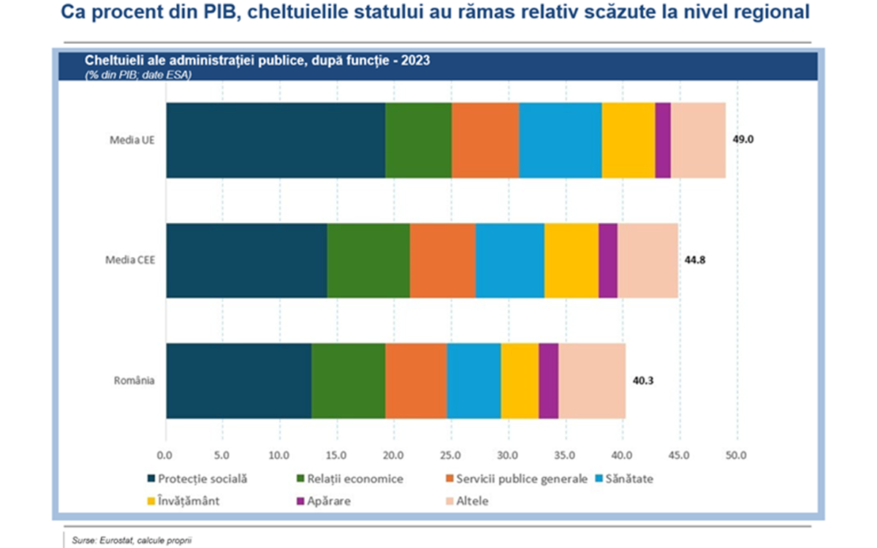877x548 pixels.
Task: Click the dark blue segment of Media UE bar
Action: click(276, 140)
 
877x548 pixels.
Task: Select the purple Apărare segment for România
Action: click(548, 381)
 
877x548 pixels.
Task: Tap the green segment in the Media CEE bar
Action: click(368, 261)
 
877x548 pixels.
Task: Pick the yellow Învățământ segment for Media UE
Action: click(629, 140)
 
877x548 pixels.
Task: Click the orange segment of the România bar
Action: click(416, 381)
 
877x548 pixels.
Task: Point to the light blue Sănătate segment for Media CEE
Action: click(510, 261)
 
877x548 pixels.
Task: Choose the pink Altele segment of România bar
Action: click(592, 381)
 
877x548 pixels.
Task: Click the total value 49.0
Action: click(743, 138)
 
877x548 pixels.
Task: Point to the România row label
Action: click(134, 380)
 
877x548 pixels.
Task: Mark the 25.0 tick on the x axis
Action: click(452, 457)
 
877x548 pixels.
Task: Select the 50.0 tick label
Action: click(737, 457)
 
